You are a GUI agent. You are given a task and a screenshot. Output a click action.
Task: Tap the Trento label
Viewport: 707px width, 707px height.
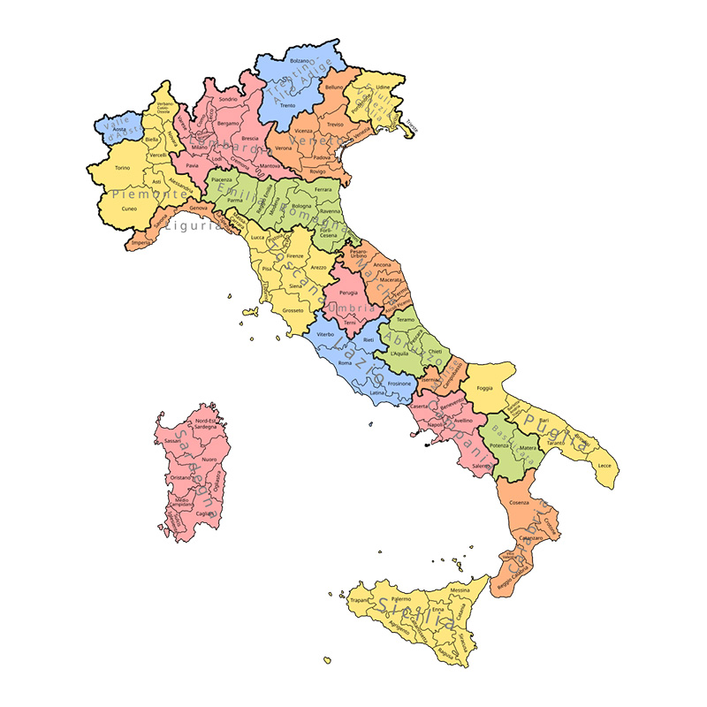click(287, 105)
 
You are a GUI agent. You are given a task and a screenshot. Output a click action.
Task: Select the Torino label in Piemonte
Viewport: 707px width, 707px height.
click(123, 168)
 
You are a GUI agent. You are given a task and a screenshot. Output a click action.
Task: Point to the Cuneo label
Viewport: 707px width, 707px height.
click(130, 209)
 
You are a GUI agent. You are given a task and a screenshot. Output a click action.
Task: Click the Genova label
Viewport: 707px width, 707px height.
click(198, 208)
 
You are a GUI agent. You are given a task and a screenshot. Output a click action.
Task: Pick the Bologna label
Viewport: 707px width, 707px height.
click(302, 207)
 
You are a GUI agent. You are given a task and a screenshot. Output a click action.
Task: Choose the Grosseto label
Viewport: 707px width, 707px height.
click(293, 310)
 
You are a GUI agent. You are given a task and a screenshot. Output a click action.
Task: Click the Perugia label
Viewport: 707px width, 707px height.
click(348, 292)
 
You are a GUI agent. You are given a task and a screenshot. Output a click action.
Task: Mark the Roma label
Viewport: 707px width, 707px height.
click(345, 363)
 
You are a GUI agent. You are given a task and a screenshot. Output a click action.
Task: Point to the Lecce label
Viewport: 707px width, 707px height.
click(604, 465)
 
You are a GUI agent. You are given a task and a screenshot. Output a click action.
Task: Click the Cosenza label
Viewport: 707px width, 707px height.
click(531, 503)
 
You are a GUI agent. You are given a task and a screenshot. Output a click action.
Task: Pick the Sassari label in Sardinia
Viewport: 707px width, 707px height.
click(172, 441)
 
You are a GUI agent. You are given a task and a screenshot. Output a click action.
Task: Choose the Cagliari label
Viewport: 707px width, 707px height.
click(205, 513)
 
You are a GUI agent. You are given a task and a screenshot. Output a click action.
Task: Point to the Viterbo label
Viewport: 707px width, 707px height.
click(325, 336)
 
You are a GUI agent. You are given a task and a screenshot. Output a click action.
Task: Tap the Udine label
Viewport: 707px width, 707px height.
click(382, 87)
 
